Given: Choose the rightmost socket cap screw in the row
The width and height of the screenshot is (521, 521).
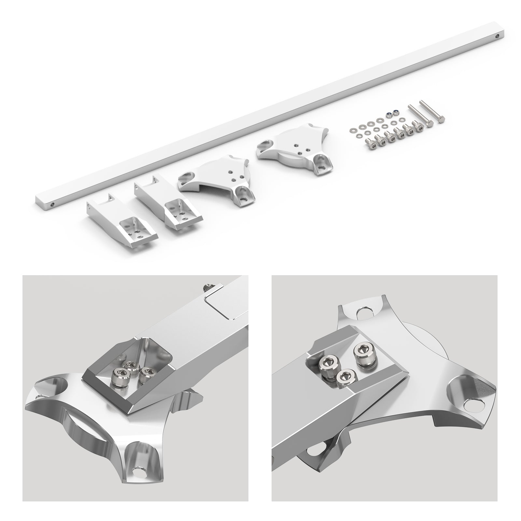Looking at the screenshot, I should pyautogui.click(x=416, y=124).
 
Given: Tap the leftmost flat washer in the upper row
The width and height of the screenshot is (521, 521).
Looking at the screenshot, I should pyautogui.click(x=352, y=130).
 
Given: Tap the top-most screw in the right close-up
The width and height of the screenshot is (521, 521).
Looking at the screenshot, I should pyautogui.click(x=361, y=352).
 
